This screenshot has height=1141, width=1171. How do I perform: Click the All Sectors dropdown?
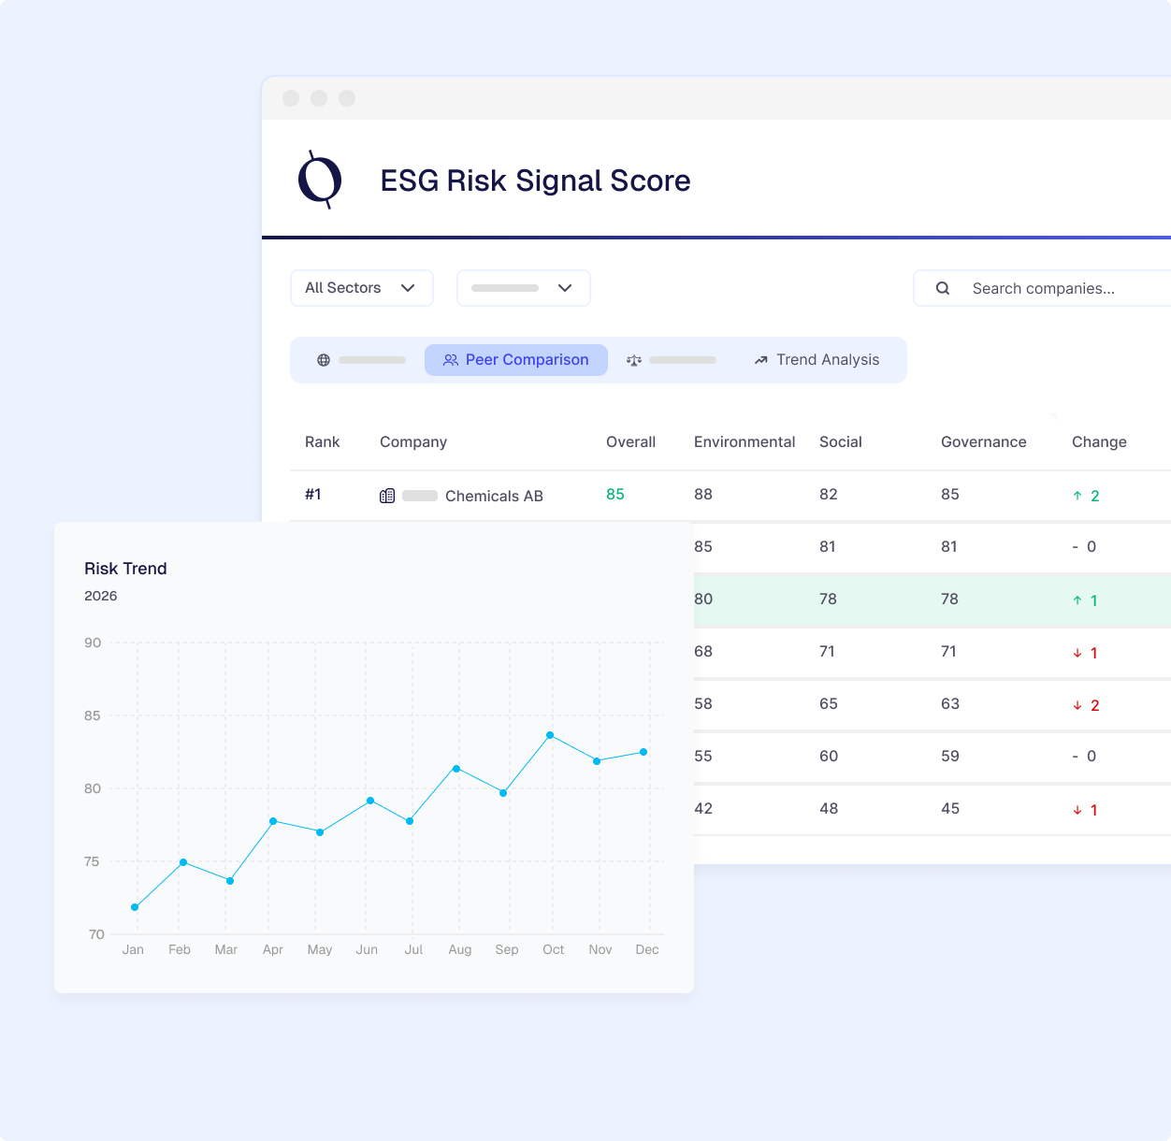click(361, 288)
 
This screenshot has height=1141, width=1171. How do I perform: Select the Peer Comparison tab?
click(516, 360)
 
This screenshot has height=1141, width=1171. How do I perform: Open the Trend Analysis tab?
click(817, 360)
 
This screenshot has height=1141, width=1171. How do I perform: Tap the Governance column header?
click(983, 441)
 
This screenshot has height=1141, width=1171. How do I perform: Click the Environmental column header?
click(744, 441)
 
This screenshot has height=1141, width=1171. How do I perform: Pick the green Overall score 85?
click(614, 495)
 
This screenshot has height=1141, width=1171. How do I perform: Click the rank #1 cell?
click(313, 495)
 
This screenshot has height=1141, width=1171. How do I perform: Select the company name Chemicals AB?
click(494, 496)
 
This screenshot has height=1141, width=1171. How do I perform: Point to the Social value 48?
click(829, 808)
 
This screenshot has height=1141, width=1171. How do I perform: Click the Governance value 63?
click(950, 703)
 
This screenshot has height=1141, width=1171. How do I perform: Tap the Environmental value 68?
click(703, 651)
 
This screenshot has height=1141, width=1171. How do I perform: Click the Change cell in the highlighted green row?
click(1086, 600)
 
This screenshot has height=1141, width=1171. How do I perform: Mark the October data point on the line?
click(550, 735)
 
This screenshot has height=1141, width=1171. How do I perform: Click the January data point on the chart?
click(135, 907)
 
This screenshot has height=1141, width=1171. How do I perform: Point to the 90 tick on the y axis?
click(93, 643)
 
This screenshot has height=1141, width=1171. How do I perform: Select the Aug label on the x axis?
click(459, 949)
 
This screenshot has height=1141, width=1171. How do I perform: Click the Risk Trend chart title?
click(125, 569)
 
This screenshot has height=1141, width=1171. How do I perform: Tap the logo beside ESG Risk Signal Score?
click(320, 180)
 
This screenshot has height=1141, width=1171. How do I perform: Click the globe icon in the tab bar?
click(324, 360)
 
